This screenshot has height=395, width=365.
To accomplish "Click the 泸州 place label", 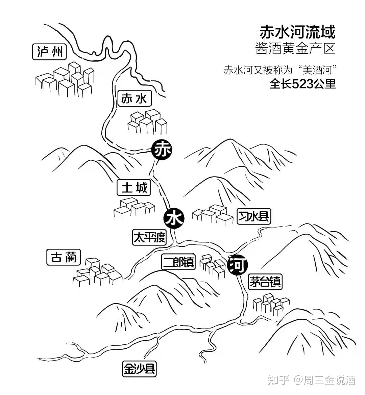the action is click(x=50, y=52).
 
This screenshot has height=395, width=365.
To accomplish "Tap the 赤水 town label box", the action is click(x=134, y=99).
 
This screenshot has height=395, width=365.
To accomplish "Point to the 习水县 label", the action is click(x=254, y=216).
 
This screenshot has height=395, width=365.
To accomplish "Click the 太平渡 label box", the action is click(x=149, y=237).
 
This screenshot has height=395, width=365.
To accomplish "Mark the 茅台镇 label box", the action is click(x=265, y=282).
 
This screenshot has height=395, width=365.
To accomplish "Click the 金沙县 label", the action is click(x=139, y=369).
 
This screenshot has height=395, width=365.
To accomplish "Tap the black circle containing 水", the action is click(x=174, y=218).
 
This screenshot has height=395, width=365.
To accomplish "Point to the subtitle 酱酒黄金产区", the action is click(x=295, y=49).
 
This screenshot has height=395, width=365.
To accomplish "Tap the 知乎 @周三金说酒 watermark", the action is click(x=311, y=380).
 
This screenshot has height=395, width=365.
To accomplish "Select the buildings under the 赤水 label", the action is click(x=148, y=123).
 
